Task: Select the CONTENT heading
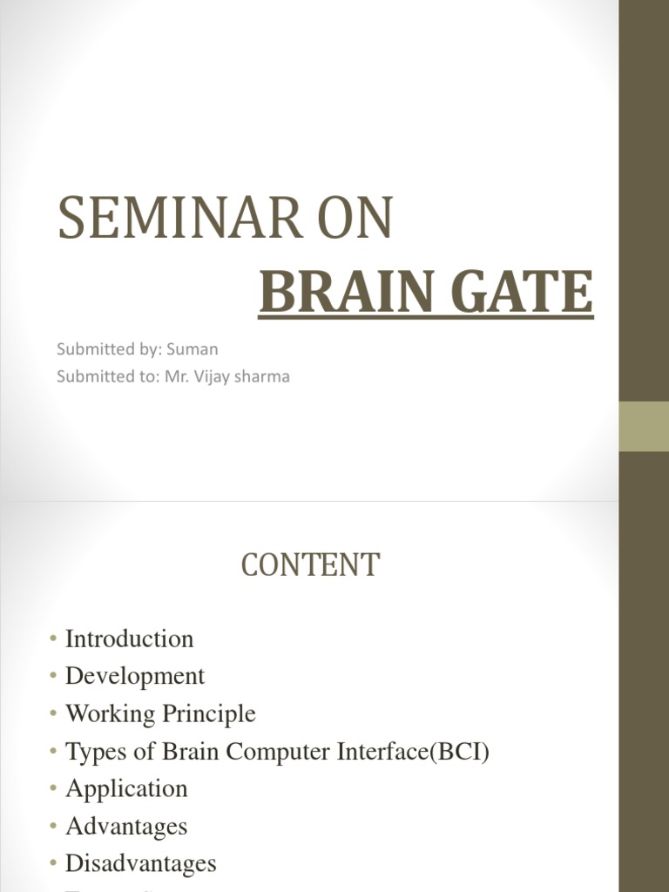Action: (x=310, y=565)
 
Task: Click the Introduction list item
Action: (x=129, y=639)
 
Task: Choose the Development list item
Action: (x=135, y=676)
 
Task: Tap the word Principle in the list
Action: (x=209, y=713)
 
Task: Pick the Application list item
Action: (x=126, y=788)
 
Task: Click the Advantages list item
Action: (x=126, y=826)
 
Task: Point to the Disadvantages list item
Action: (x=140, y=863)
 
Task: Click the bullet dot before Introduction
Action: (x=54, y=639)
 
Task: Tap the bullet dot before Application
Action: (x=54, y=789)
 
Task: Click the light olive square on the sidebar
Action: (x=644, y=427)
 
